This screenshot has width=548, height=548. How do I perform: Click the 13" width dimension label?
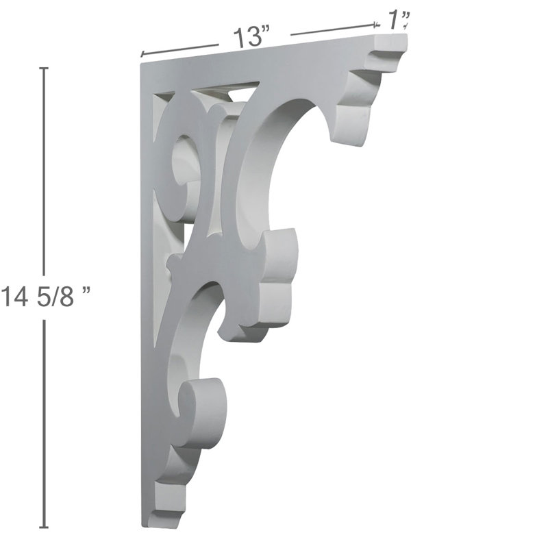pyautogui.click(x=251, y=36)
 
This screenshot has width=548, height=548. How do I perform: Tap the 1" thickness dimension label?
pyautogui.click(x=398, y=21)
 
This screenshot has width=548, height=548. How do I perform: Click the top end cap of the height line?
pyautogui.click(x=44, y=68)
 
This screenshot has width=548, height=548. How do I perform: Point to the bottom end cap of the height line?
pyautogui.click(x=44, y=527)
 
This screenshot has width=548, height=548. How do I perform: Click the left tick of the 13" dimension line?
pyautogui.click(x=142, y=54)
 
